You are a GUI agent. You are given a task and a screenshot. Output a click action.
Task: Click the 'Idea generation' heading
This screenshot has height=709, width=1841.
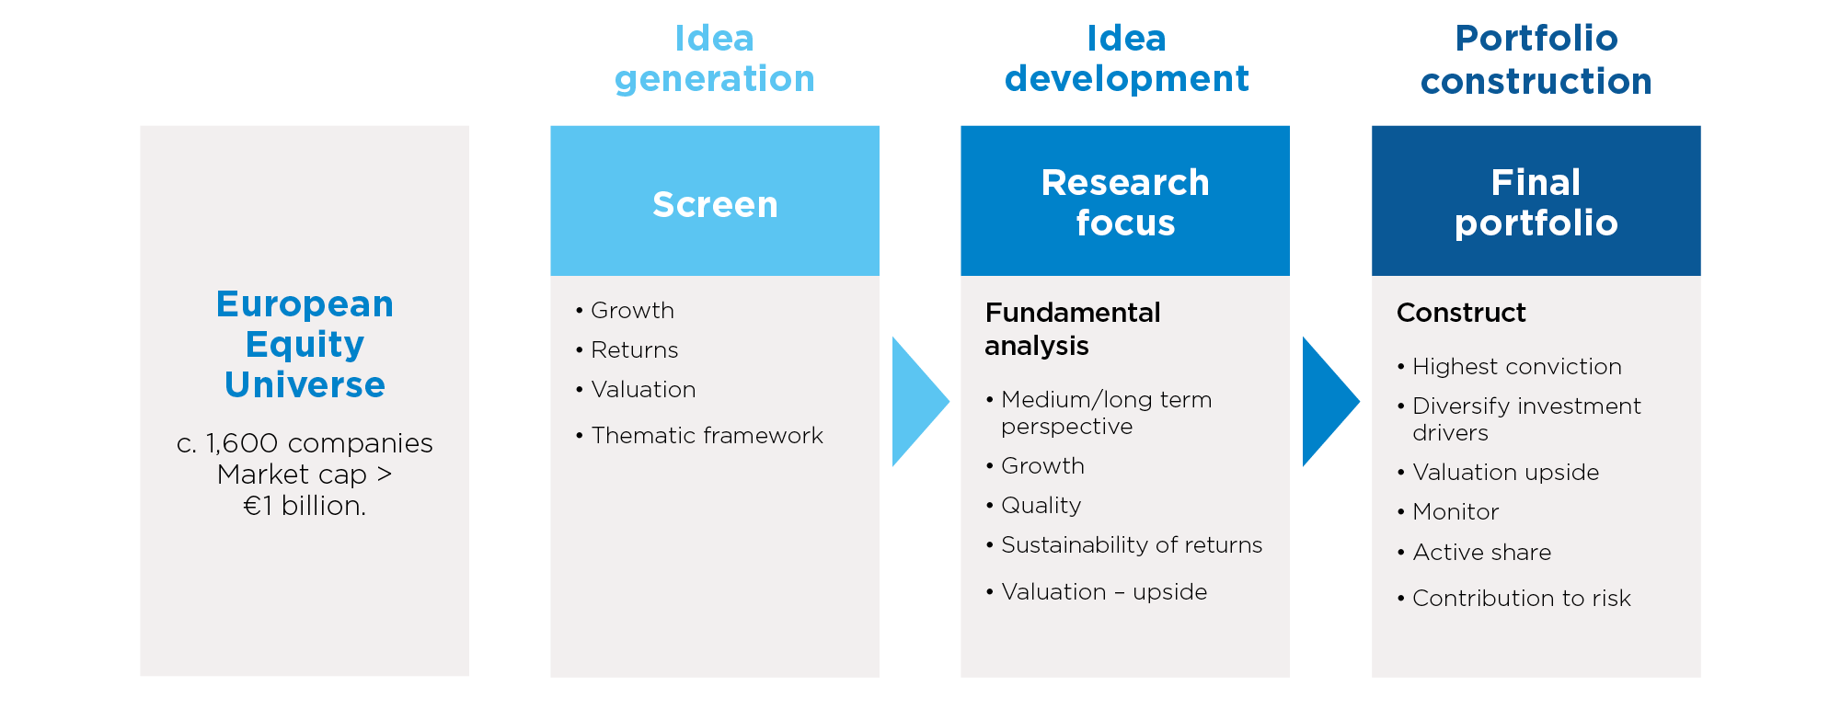point(715,59)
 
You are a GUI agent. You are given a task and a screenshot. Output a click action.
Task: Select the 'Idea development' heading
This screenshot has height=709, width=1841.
point(1126,59)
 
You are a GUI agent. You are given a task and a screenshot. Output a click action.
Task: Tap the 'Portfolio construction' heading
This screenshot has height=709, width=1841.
point(1536,60)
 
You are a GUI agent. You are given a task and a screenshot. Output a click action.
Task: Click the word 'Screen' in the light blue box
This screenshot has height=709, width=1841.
point(715,204)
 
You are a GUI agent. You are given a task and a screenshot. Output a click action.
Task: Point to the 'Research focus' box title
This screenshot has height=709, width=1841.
point(1125,202)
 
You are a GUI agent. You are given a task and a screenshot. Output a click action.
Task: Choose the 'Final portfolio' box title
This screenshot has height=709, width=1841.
point(1536,202)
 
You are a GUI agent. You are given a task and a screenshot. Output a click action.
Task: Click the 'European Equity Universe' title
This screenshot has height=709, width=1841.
point(305,344)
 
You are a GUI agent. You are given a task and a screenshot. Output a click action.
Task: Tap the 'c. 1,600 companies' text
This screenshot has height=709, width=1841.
point(305,443)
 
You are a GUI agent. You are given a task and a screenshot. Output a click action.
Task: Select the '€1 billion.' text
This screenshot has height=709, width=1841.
point(305,506)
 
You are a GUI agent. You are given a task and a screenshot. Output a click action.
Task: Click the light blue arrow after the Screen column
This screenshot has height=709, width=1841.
point(920,401)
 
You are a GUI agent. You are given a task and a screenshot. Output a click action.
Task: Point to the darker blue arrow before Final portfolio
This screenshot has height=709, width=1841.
point(1330,401)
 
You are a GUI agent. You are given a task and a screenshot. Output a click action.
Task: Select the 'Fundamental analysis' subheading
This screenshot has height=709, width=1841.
point(1073,328)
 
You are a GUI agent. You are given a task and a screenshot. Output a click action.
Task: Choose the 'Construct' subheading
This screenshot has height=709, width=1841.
point(1461,313)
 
